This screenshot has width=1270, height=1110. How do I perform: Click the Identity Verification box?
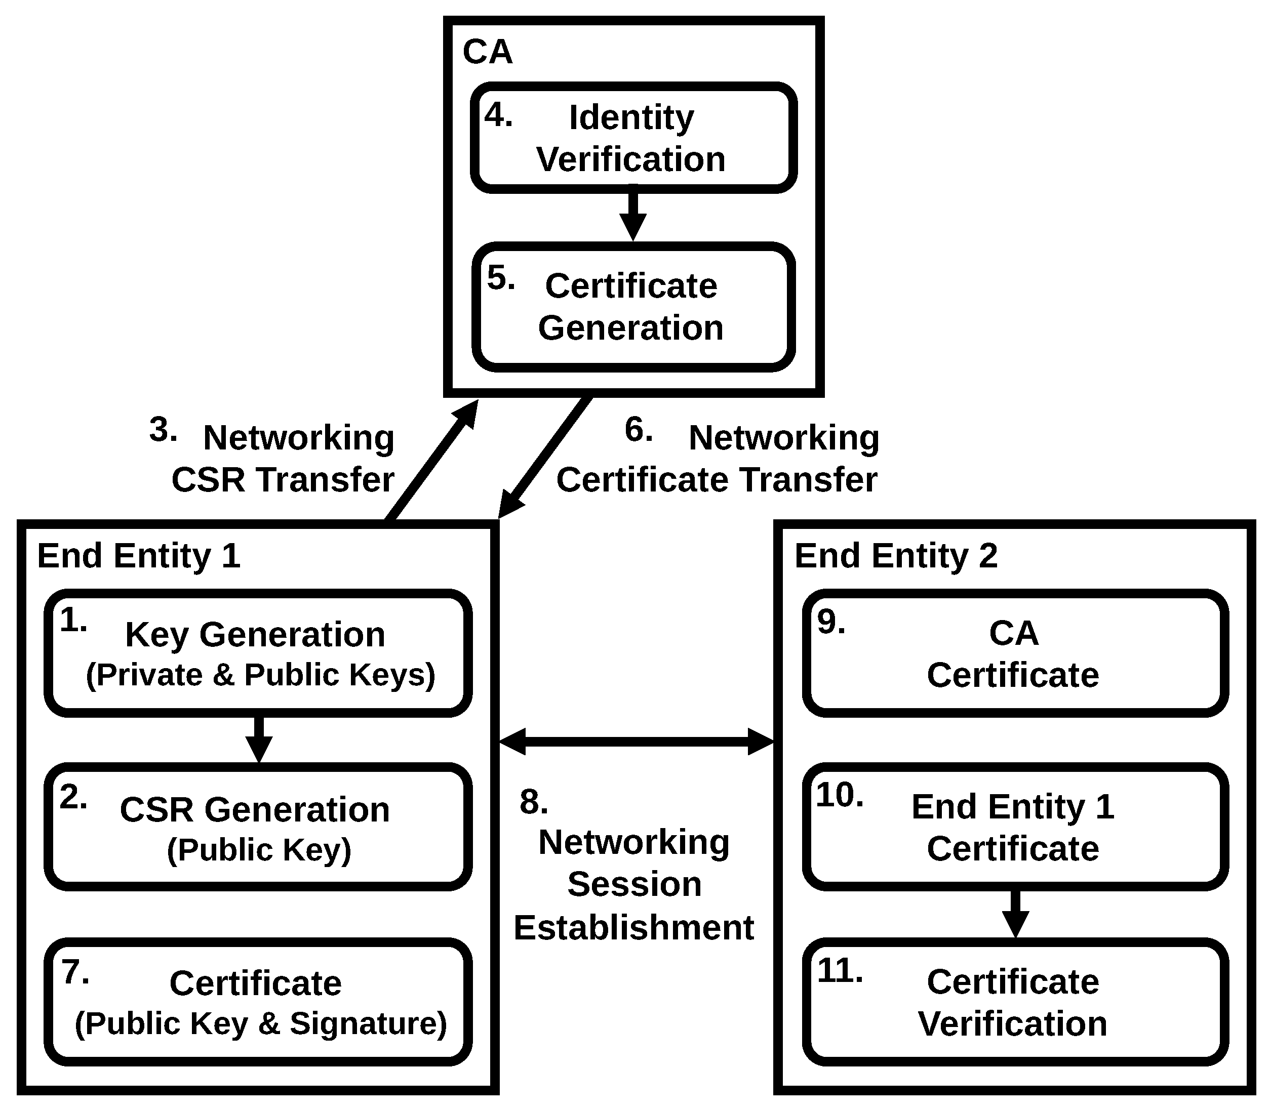(x=633, y=138)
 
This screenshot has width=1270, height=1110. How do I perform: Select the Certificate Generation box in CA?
(x=633, y=307)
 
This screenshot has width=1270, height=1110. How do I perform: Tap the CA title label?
(x=487, y=52)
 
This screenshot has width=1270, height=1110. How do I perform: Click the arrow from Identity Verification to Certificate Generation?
(x=633, y=217)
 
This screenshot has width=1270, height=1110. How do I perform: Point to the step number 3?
(x=163, y=429)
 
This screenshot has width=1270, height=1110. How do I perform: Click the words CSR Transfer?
(x=283, y=480)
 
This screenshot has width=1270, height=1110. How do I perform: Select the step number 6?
(x=638, y=429)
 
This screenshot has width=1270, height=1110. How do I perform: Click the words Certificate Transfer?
(x=717, y=480)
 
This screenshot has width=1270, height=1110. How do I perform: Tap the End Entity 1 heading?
(x=139, y=556)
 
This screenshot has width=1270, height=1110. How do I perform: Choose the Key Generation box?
(x=258, y=653)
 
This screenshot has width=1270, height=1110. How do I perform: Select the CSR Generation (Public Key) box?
(x=258, y=827)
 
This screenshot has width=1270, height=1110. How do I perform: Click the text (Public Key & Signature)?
(x=261, y=1023)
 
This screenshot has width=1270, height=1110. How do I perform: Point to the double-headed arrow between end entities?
(x=637, y=742)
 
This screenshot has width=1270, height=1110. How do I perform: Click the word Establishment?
(x=633, y=928)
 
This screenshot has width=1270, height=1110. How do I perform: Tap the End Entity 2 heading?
(x=896, y=556)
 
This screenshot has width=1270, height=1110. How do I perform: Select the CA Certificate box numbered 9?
(x=1015, y=653)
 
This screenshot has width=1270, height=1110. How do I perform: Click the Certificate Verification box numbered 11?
(x=1015, y=1002)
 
